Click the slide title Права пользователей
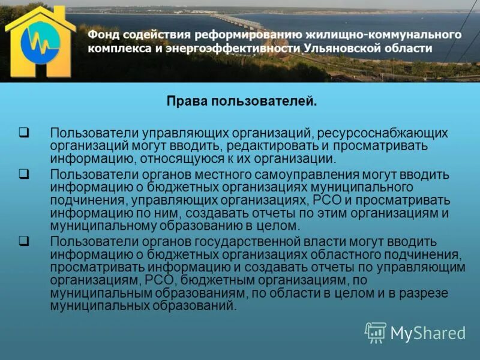pyautogui.click(x=241, y=101)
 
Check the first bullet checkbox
pyautogui.click(x=24, y=132)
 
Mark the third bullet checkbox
pyautogui.click(x=24, y=241)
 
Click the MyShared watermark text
pyautogui.click(x=427, y=333)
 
